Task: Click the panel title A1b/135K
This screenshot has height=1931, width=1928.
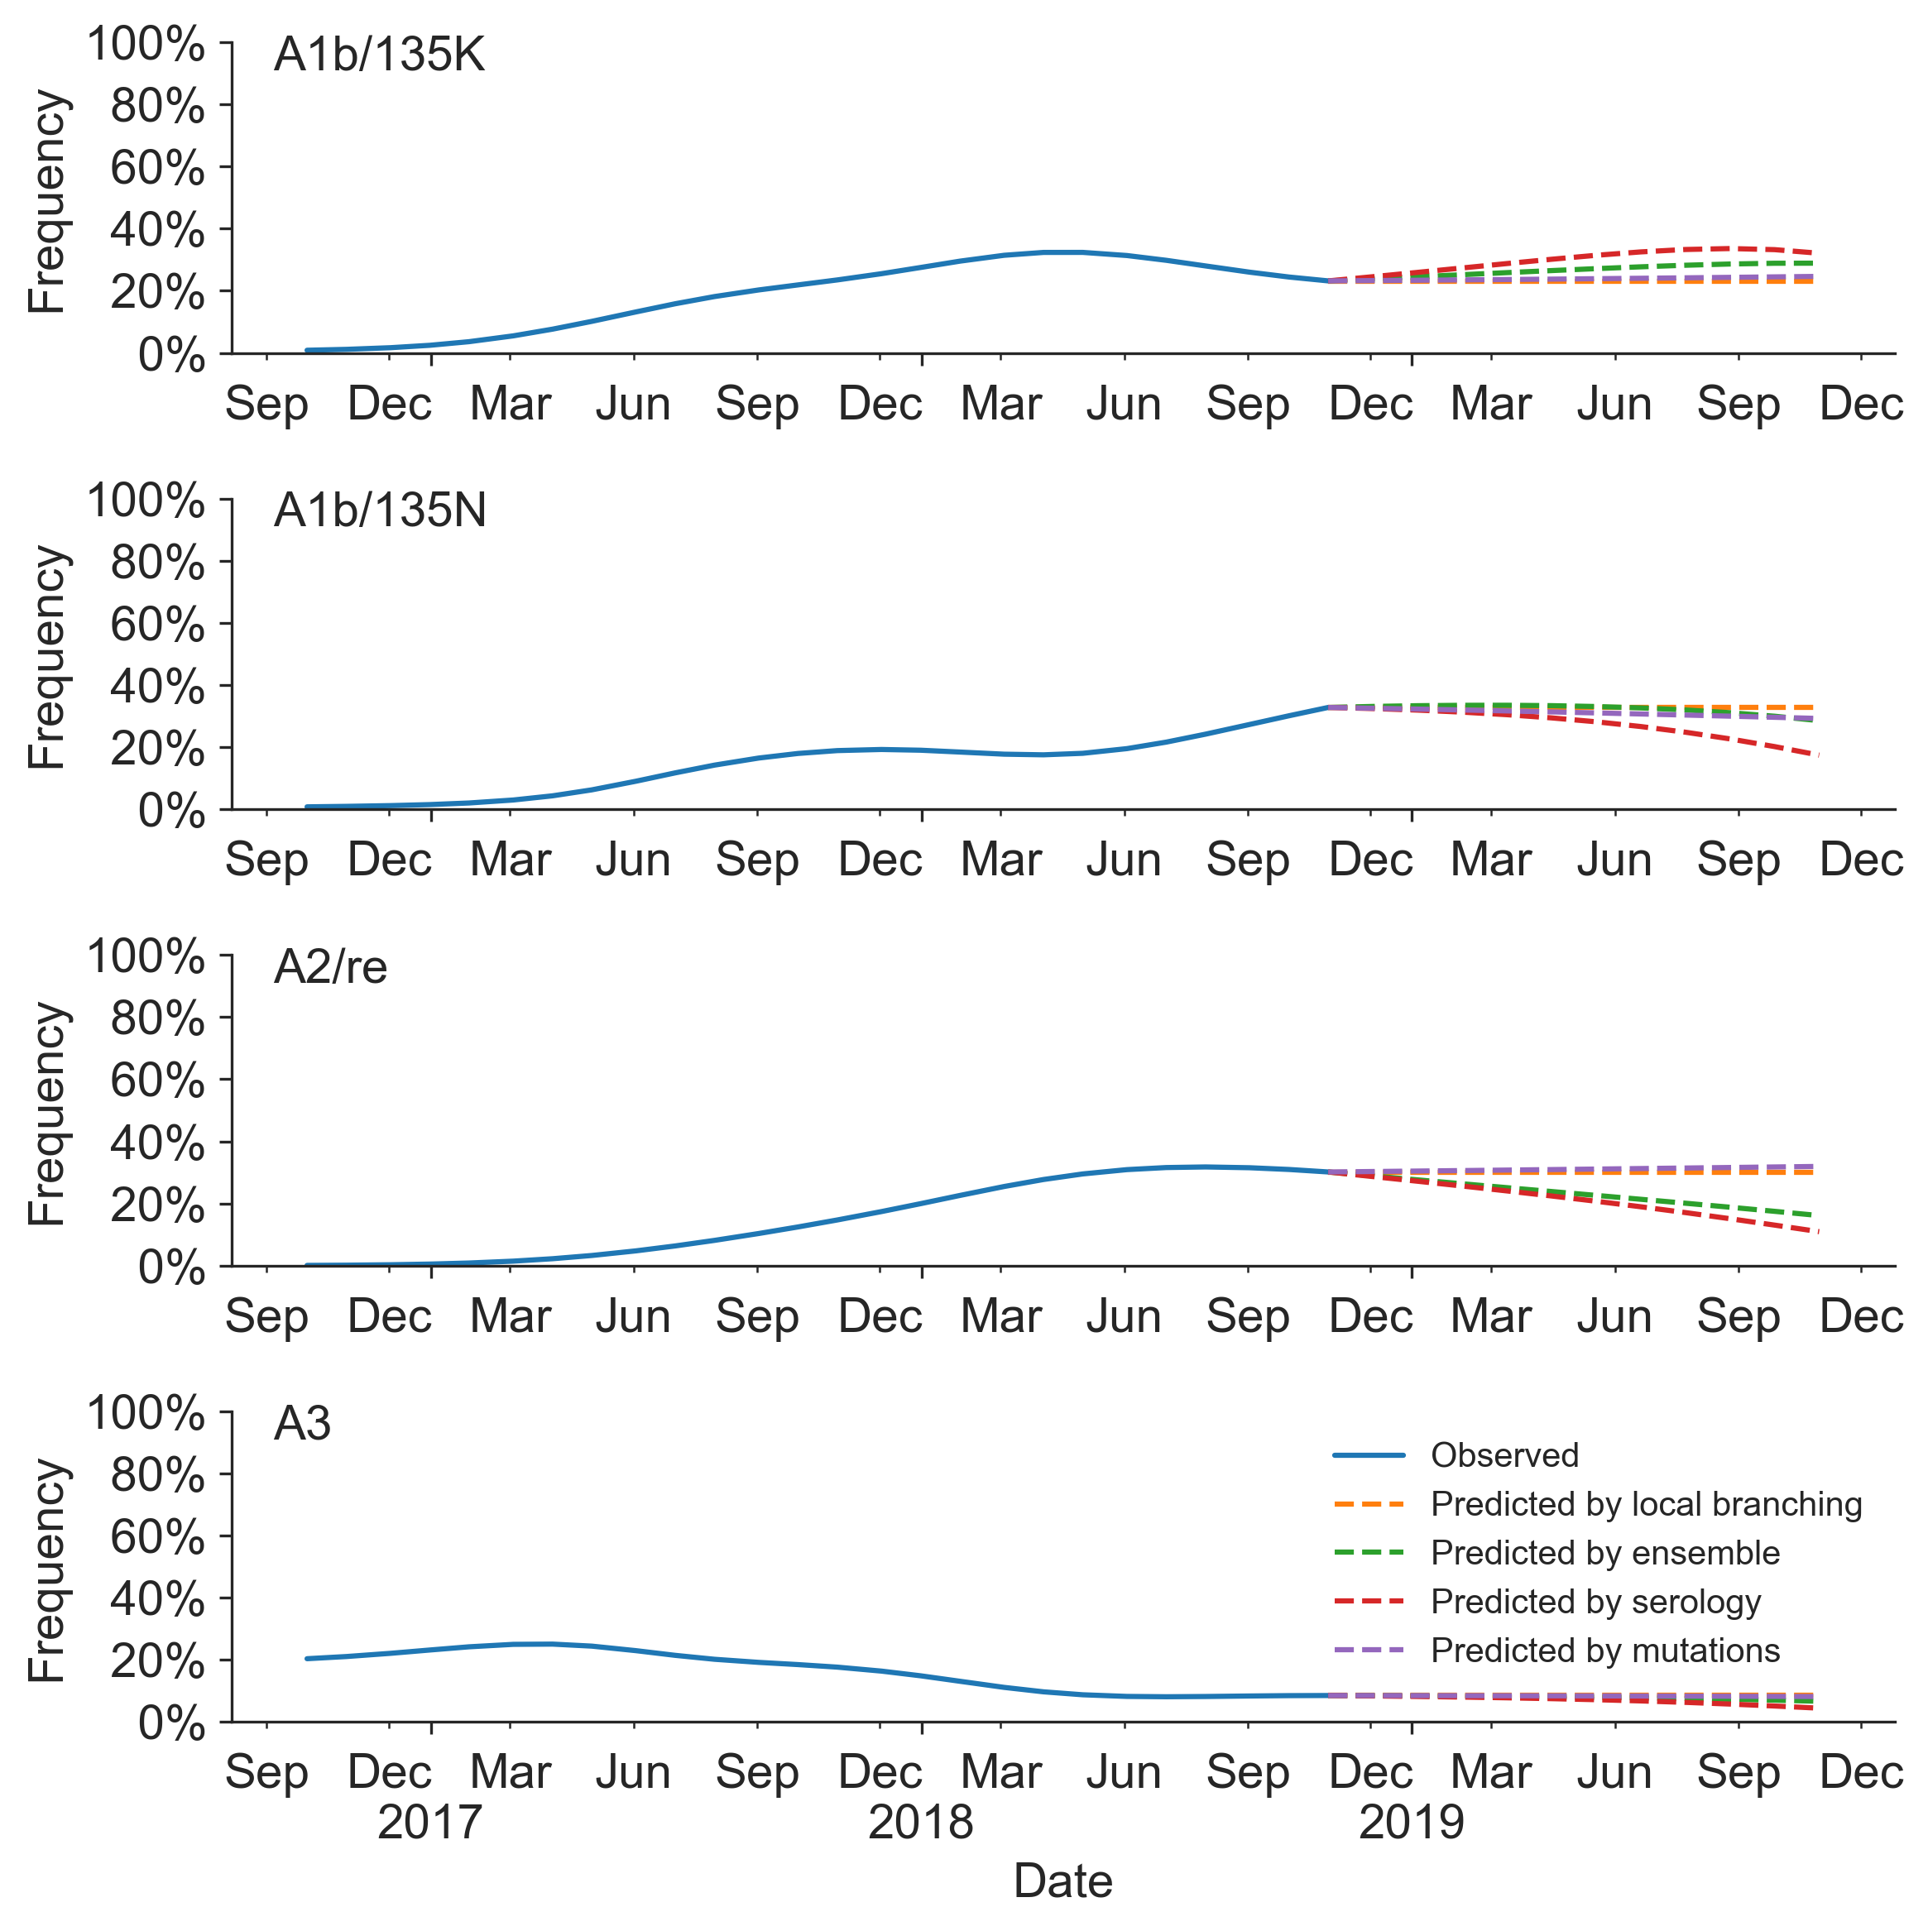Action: (x=379, y=55)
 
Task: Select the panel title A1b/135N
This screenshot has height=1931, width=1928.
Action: (x=380, y=510)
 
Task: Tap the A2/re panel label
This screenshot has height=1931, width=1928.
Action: (x=330, y=966)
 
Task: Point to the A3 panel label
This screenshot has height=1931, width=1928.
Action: (x=302, y=1423)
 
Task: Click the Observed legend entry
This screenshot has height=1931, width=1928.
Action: (x=1504, y=1455)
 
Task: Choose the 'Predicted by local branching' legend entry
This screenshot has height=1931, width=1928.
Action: (x=1645, y=1504)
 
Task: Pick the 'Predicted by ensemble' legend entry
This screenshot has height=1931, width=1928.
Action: (x=1604, y=1553)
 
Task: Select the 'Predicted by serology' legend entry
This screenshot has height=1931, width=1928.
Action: (x=1595, y=1603)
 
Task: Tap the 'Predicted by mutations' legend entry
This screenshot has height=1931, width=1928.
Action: (x=1604, y=1651)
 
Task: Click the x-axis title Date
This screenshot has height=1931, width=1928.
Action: (x=1062, y=1881)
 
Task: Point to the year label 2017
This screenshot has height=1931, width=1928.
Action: (x=429, y=1822)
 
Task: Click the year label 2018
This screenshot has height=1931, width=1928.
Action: (x=919, y=1822)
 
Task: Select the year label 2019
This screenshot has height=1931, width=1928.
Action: (x=1410, y=1822)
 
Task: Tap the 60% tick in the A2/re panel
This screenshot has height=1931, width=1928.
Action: (x=157, y=1080)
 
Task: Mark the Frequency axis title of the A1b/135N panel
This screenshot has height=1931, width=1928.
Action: (x=47, y=657)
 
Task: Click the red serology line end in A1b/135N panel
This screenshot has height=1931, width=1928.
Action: (x=1816, y=755)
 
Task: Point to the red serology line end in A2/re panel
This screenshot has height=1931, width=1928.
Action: (x=1816, y=1231)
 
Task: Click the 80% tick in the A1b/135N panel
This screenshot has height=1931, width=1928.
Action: (x=157, y=563)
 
